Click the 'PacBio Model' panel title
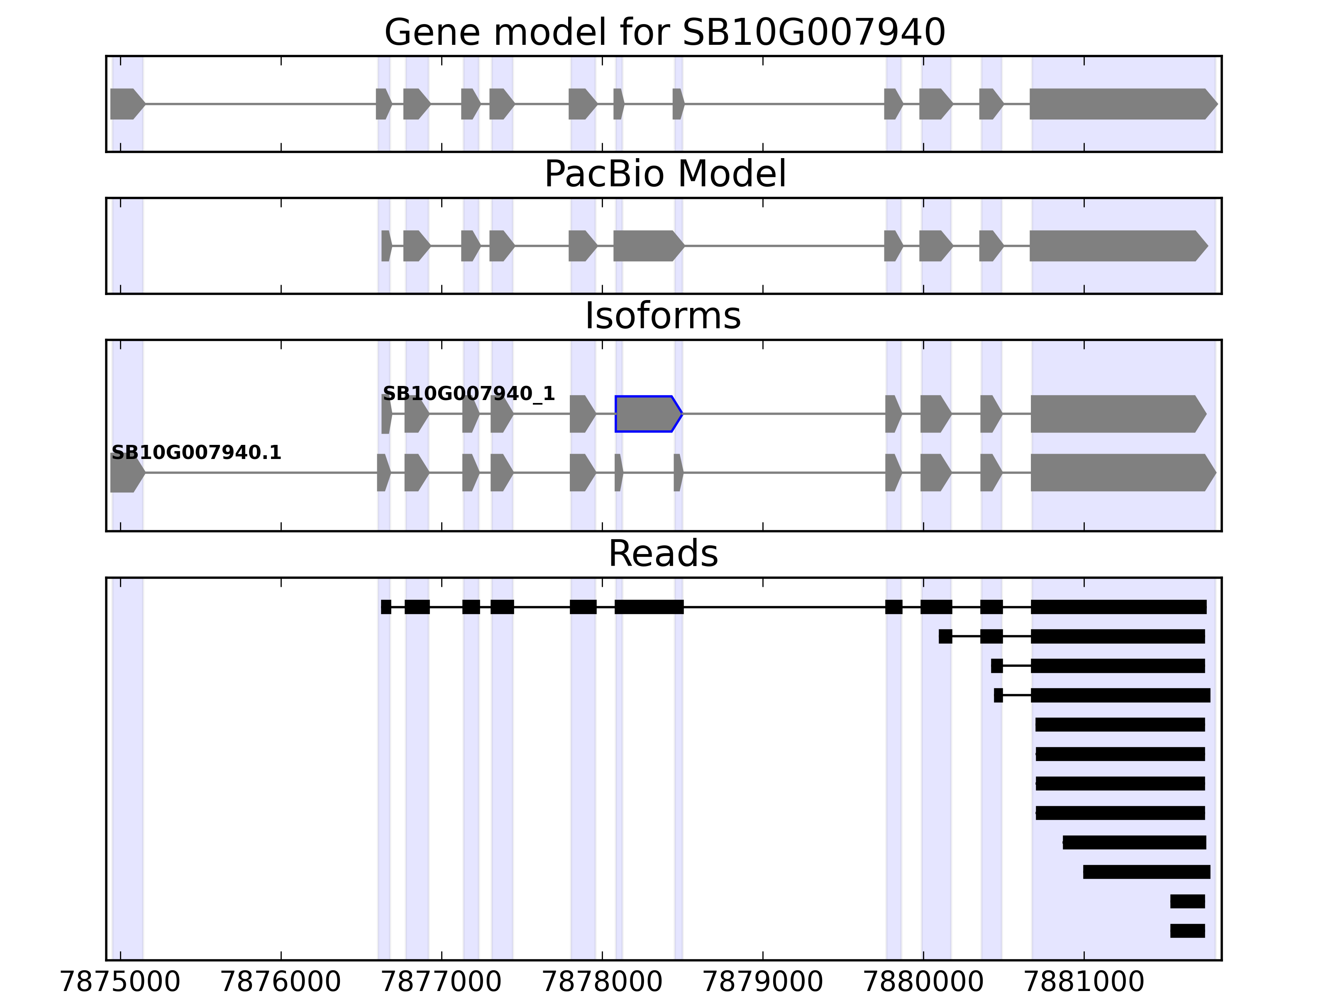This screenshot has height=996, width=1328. click(x=664, y=174)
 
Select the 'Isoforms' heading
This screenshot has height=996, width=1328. click(x=662, y=316)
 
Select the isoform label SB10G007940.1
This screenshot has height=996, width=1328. click(x=196, y=453)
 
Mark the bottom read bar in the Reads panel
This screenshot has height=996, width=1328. click(x=1187, y=930)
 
